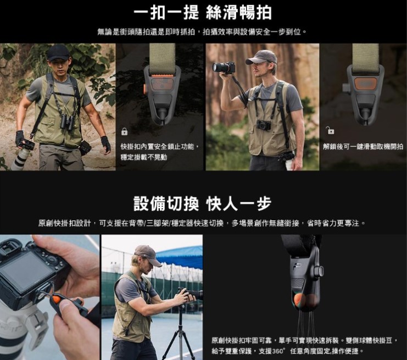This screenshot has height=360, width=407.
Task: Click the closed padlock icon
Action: [x=124, y=132]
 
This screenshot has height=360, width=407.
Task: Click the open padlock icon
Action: [x=330, y=130]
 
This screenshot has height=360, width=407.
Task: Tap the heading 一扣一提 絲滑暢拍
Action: [x=203, y=13]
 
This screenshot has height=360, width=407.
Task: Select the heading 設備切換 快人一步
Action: [x=203, y=203]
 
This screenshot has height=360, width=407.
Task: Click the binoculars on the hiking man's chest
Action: [x=68, y=121]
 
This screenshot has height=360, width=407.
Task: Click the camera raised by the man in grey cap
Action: [x=224, y=68]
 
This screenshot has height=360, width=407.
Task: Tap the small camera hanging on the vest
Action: [x=264, y=125]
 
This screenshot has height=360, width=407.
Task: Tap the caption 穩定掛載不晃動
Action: [x=144, y=157]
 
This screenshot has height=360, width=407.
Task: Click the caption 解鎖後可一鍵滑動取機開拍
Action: [x=363, y=147]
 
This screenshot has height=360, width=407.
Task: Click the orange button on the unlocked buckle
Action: [x=365, y=84]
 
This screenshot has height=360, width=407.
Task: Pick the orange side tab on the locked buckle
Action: [x=144, y=89]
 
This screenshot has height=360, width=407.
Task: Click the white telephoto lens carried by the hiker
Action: [x=19, y=158]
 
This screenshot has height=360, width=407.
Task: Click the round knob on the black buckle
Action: [x=320, y=271]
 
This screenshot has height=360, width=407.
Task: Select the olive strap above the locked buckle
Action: [x=162, y=57]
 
